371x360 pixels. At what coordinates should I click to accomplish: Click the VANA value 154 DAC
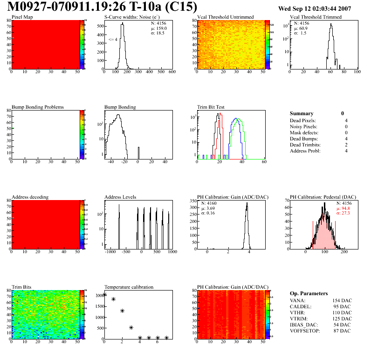[342, 300]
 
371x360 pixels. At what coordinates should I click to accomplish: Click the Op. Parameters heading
[309, 293]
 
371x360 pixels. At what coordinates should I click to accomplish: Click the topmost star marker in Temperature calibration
[104, 294]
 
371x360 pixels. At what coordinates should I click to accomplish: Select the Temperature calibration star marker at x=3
[131, 328]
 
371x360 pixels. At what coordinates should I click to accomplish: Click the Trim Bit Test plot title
[211, 107]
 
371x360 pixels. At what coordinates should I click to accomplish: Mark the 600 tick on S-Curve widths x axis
[172, 73]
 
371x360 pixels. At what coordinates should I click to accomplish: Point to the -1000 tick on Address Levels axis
[110, 252]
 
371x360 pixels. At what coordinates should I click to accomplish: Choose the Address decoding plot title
[30, 197]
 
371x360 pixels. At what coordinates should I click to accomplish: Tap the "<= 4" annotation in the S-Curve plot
[113, 40]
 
